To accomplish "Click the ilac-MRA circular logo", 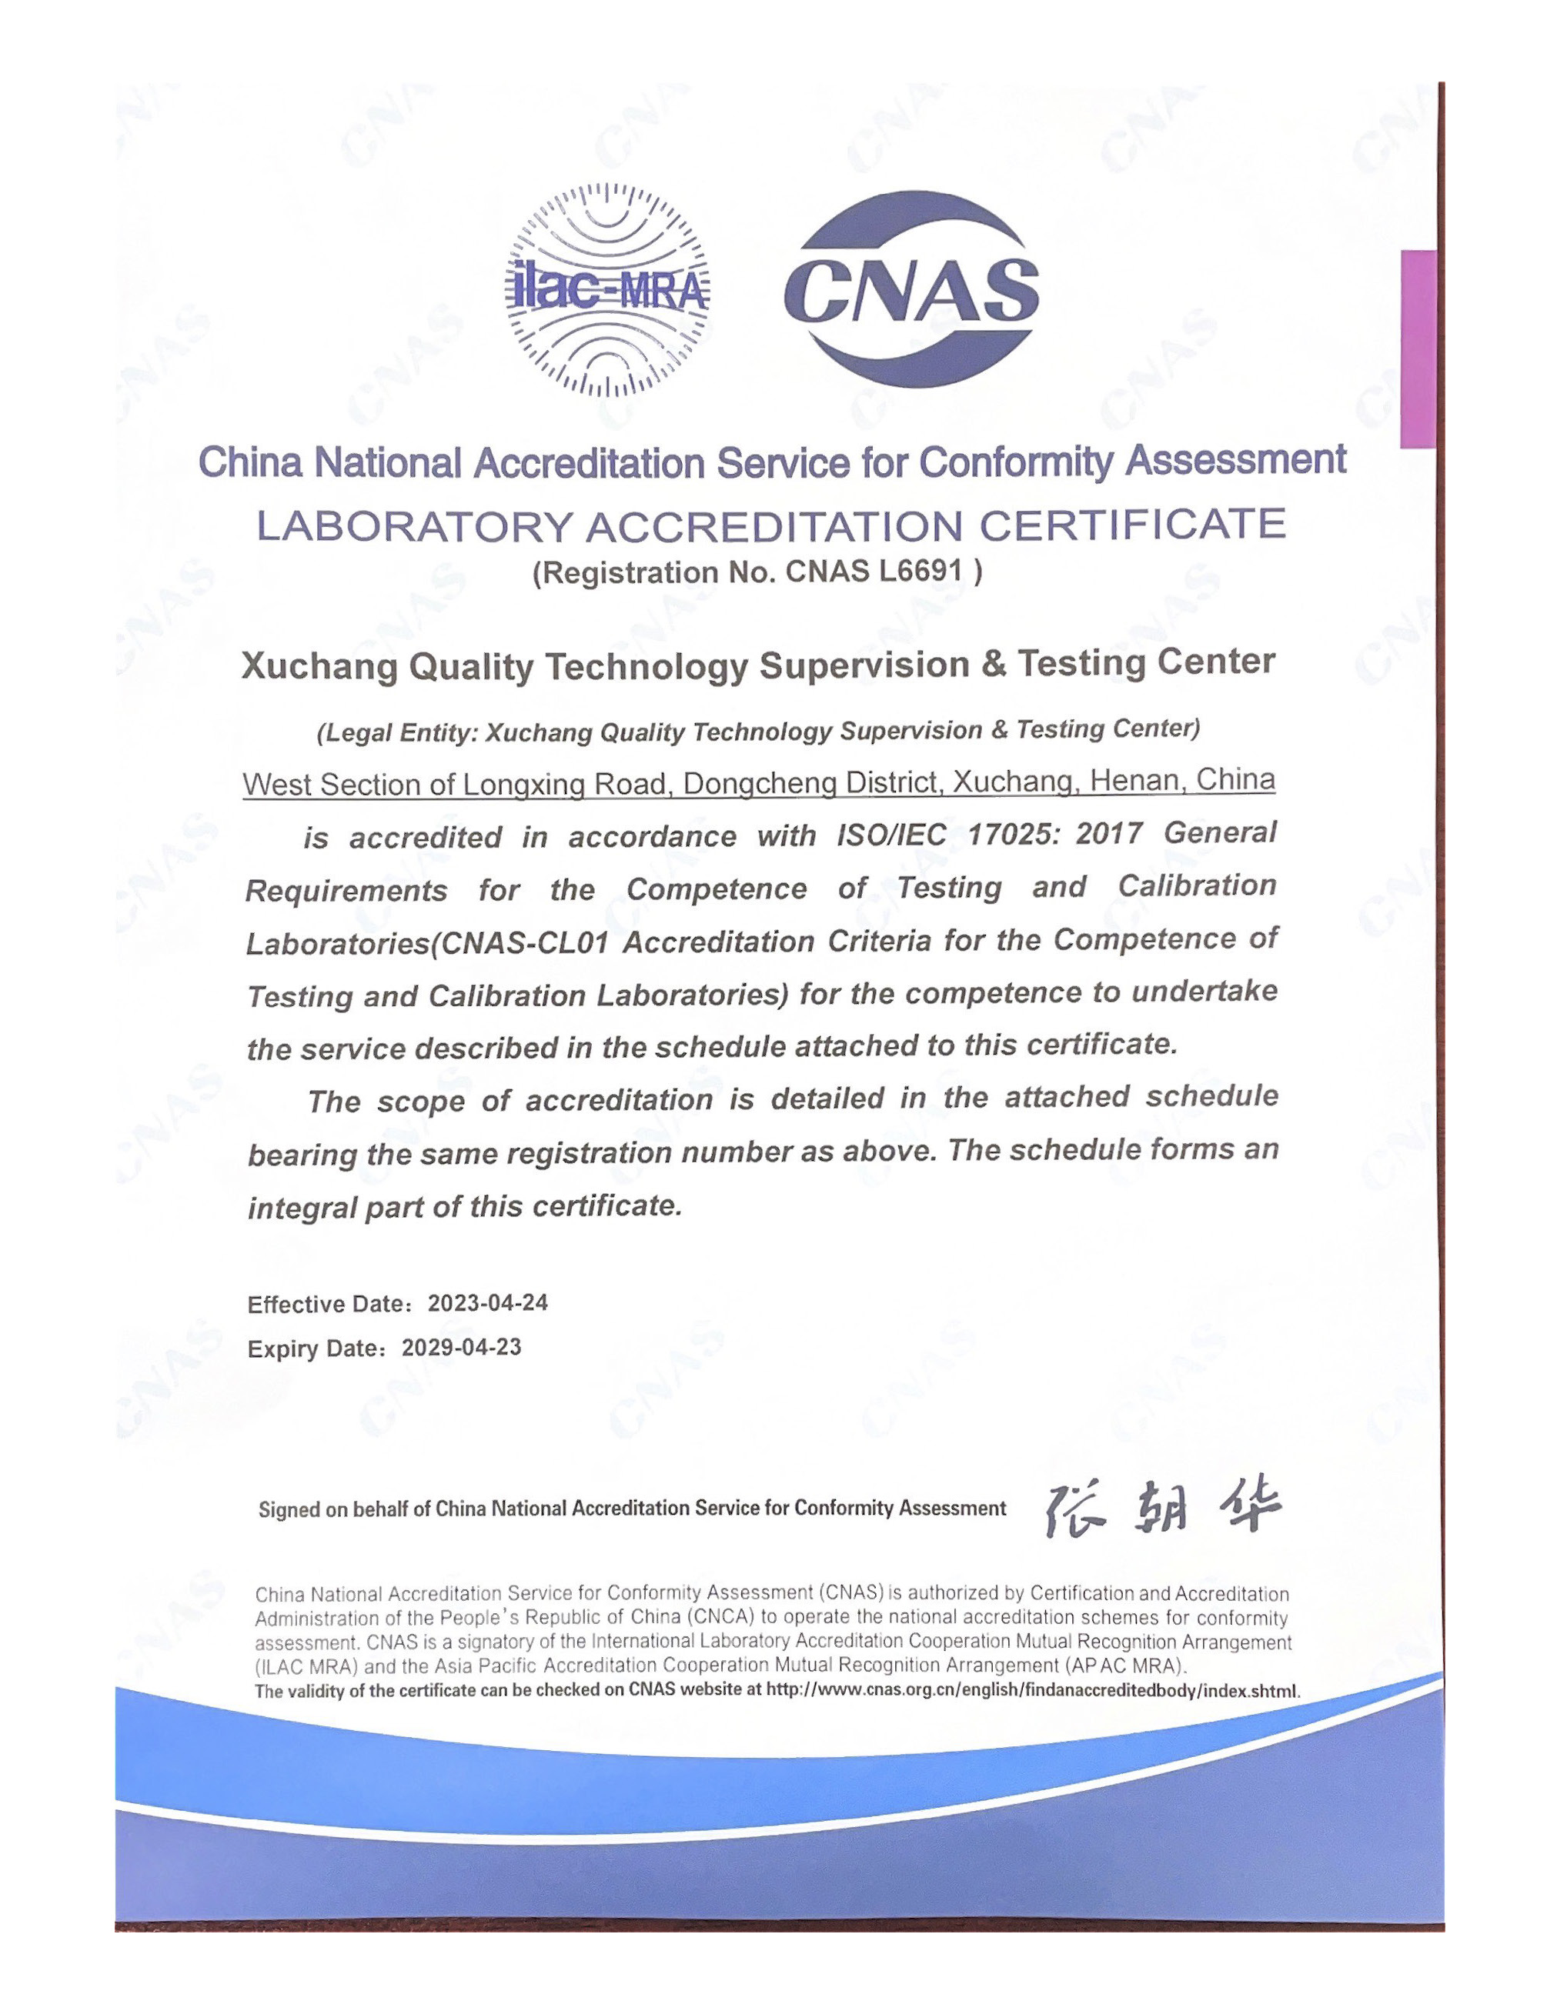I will coord(608,291).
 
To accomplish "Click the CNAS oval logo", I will coord(910,291).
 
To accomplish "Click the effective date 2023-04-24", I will coord(488,1303).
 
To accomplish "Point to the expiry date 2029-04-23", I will coord(462,1347).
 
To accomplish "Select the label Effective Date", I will coord(327,1304).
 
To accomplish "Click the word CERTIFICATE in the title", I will coord(1132,525).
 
